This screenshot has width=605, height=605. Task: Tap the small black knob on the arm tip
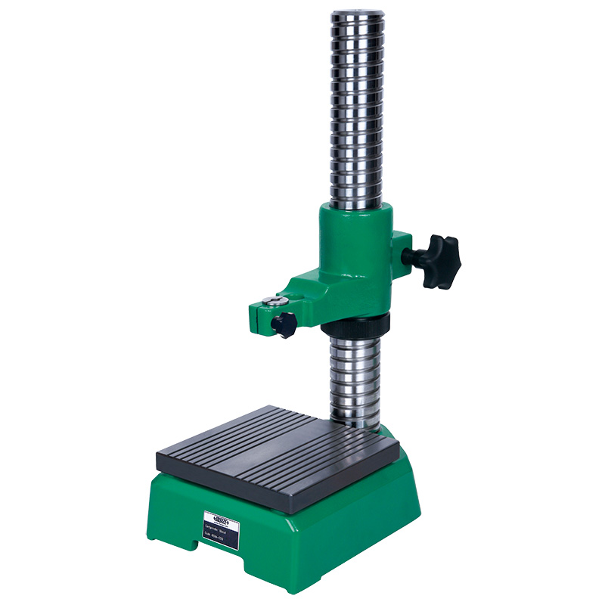284,324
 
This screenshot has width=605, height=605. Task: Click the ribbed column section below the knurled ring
355,378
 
